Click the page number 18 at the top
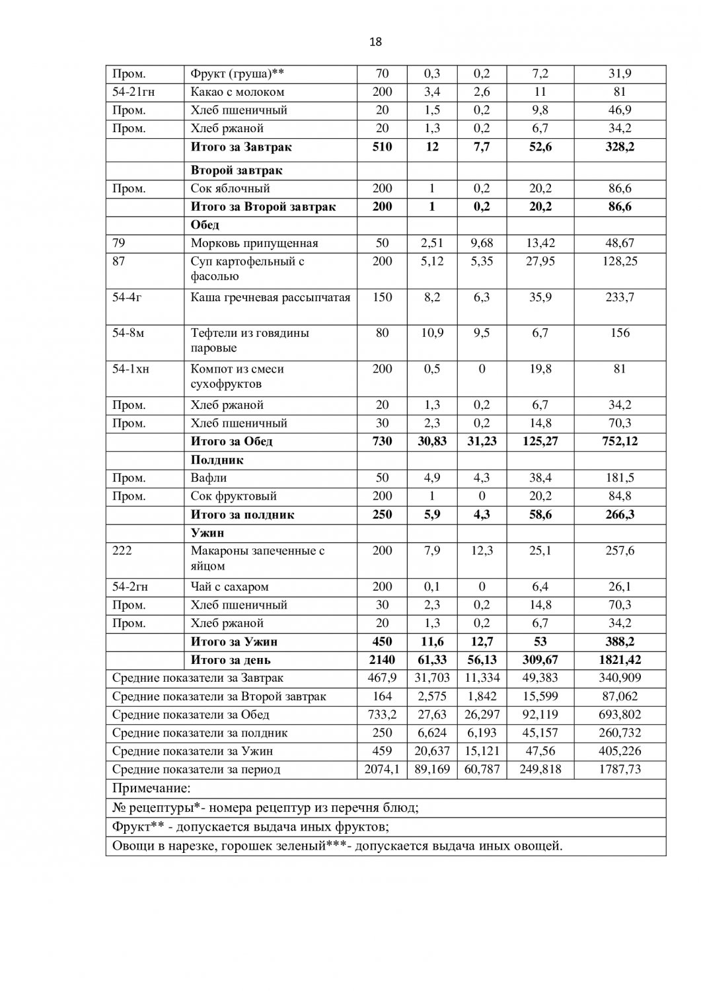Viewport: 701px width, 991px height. [375, 42]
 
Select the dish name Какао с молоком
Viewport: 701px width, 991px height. [237, 92]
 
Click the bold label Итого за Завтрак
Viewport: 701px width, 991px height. [240, 147]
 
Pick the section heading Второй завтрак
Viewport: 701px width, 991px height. [237, 170]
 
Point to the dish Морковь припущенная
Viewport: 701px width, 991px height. [254, 243]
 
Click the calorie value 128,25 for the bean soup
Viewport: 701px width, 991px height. [619, 261]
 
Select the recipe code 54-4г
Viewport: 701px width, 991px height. [127, 297]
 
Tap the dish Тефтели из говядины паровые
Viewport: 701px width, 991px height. [250, 340]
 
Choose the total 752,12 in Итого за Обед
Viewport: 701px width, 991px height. [619, 441]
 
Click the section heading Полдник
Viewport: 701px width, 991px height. [217, 460]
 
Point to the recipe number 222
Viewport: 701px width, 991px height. [122, 550]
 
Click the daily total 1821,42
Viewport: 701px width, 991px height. [619, 659]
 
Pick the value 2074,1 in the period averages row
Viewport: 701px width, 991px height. [382, 769]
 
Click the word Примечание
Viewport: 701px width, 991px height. [151, 788]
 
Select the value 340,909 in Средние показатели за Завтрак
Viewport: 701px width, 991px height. [619, 678]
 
